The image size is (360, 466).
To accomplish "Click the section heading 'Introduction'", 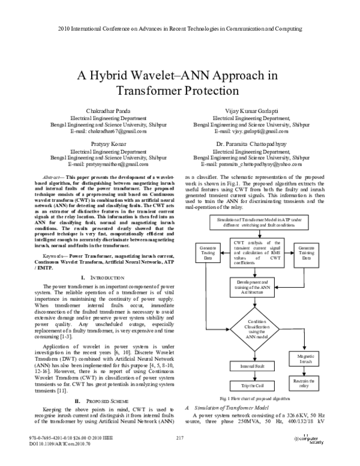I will point(107,277).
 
